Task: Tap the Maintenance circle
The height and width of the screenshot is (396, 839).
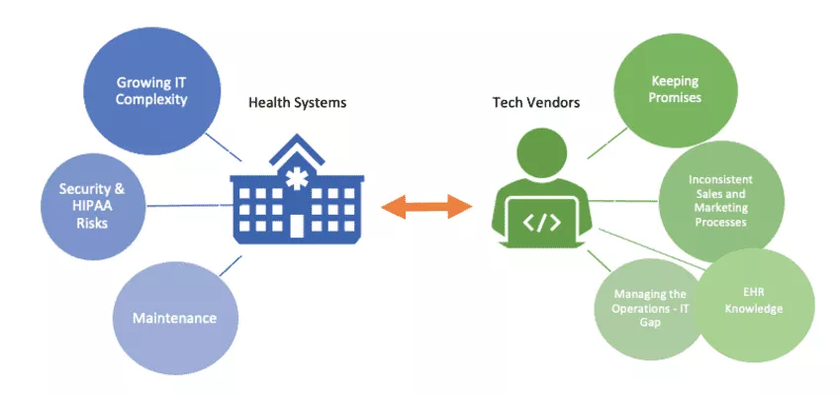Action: pyautogui.click(x=174, y=318)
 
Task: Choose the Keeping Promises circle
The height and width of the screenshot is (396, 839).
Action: pyautogui.click(x=676, y=90)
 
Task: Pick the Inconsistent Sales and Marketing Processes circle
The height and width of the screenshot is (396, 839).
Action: pyautogui.click(x=720, y=201)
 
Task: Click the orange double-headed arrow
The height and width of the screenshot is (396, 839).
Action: pyautogui.click(x=427, y=206)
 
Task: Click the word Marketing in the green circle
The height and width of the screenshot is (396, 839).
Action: pyautogui.click(x=720, y=208)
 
